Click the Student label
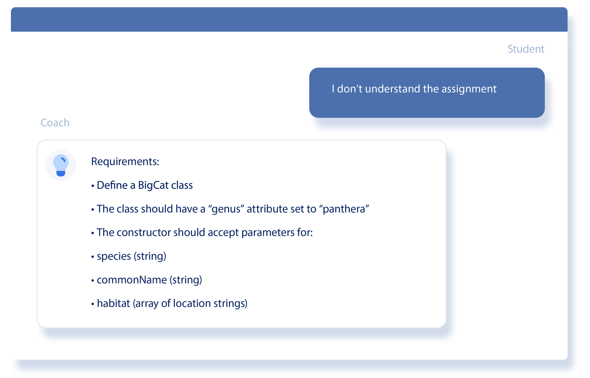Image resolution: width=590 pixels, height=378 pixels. coord(526,49)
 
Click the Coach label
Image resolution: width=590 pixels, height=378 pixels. coord(55,123)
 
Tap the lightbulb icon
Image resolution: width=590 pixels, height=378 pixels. coord(61,165)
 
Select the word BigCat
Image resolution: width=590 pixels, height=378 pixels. coord(153,185)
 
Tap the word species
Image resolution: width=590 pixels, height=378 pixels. coord(114,256)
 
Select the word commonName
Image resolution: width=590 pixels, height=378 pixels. coord(132,280)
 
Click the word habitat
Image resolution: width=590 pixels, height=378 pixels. coord(113,303)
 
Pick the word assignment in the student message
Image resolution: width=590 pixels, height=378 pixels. coord(469,89)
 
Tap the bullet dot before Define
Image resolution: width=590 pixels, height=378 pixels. coord(93,186)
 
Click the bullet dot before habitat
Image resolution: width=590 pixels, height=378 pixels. coord(93,304)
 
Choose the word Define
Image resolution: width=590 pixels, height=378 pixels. coord(112,185)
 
